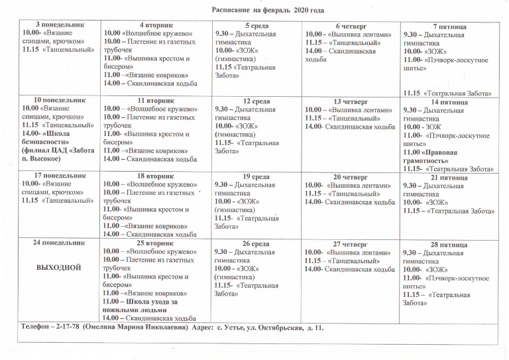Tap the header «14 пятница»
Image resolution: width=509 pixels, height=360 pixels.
[448, 102]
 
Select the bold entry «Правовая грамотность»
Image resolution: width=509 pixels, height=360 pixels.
[434, 156]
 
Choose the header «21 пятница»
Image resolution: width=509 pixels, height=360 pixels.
[448, 178]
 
